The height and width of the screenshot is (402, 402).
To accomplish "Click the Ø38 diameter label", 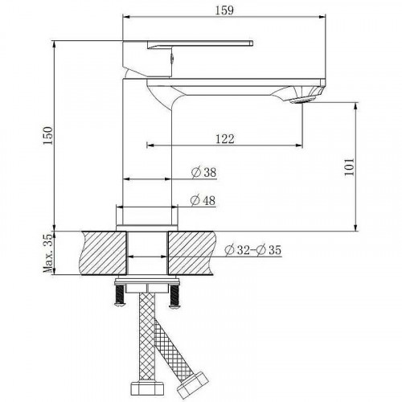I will tap(203, 172).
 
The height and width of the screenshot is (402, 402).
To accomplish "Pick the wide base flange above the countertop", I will tap(146, 215).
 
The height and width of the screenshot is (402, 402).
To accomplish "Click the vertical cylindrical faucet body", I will tap(146, 145).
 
